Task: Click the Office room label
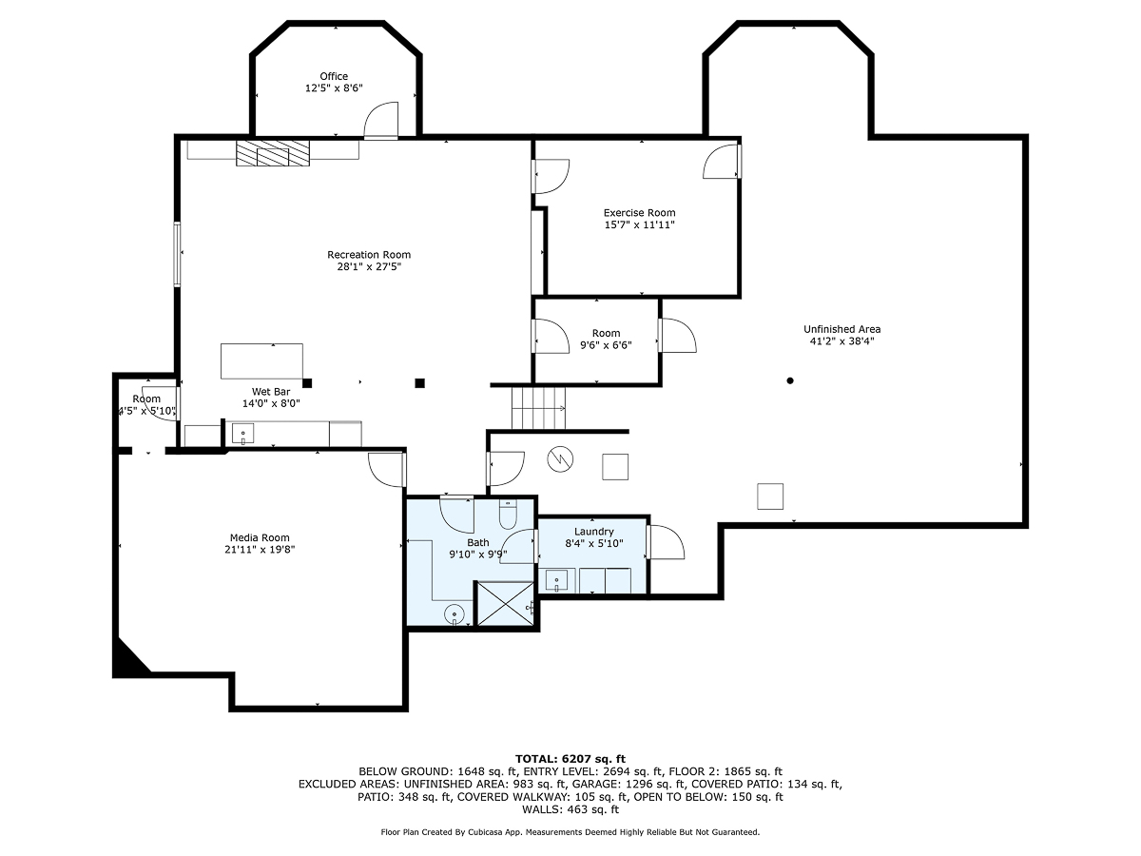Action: (x=334, y=76)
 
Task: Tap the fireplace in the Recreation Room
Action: (x=273, y=154)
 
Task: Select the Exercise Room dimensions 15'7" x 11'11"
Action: (x=639, y=225)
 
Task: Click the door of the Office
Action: (x=381, y=122)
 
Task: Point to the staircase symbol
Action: (x=538, y=408)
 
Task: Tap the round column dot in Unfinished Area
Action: (x=789, y=381)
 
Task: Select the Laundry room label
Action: (x=593, y=532)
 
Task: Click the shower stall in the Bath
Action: (x=504, y=605)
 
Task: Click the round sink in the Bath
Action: (x=455, y=615)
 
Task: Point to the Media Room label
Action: (x=260, y=537)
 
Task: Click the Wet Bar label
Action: (x=271, y=391)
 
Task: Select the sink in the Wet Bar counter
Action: (x=242, y=435)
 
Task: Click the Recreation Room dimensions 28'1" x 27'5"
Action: (x=369, y=267)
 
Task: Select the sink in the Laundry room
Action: (x=556, y=579)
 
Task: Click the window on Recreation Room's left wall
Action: (x=177, y=253)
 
